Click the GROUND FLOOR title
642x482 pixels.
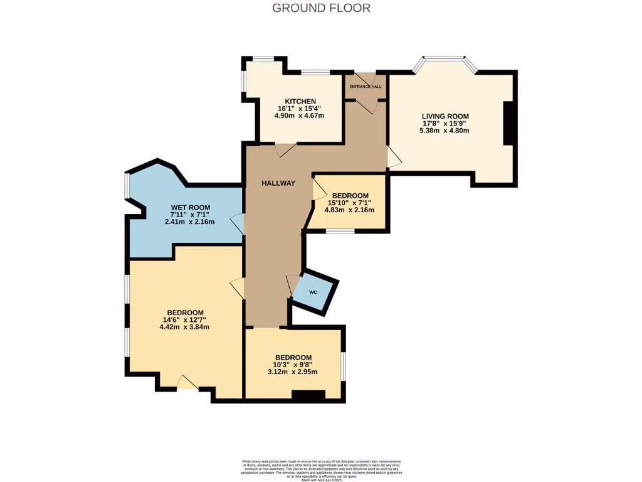(x=321, y=8)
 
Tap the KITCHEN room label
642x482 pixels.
(x=300, y=102)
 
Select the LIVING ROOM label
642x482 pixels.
(x=445, y=116)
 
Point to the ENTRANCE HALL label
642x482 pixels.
(x=366, y=87)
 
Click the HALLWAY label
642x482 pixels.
(x=278, y=183)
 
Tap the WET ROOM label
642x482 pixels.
(x=191, y=208)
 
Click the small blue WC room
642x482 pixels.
(x=315, y=292)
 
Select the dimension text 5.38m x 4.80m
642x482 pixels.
(x=445, y=131)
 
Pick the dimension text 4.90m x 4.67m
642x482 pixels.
(x=300, y=116)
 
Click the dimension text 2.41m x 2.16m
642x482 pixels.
(x=190, y=222)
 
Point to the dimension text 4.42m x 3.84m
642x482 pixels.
(x=184, y=327)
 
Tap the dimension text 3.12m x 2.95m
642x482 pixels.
(x=293, y=372)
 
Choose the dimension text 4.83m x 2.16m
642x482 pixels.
(x=349, y=210)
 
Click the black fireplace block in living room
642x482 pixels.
(x=508, y=123)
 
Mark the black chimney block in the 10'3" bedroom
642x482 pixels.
(x=309, y=395)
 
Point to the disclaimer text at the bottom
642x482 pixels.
(x=321, y=469)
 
